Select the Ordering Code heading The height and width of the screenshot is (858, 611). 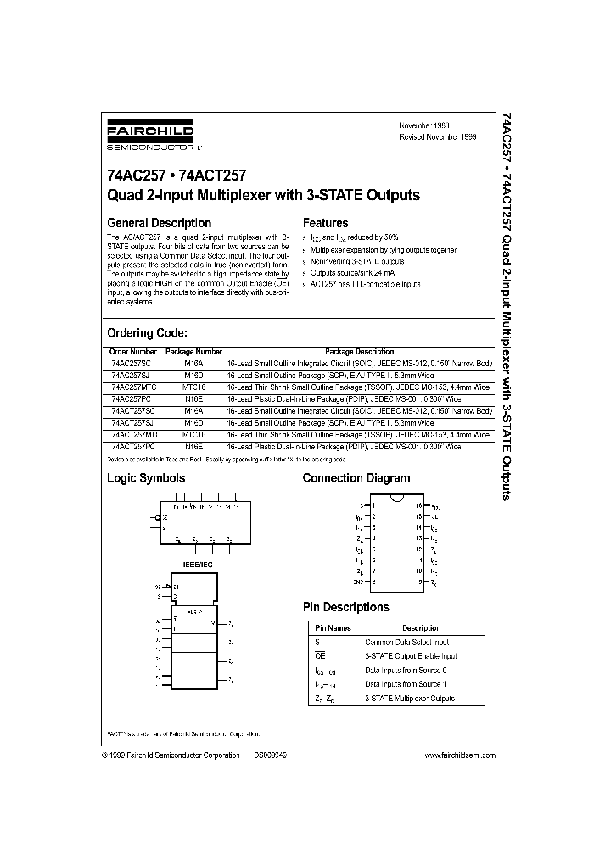(147, 333)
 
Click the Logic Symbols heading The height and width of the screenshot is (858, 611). (146, 478)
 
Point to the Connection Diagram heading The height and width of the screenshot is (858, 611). (356, 478)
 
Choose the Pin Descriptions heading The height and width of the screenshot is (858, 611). (345, 607)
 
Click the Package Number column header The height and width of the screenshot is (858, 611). (193, 351)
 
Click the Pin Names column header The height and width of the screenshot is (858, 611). (333, 628)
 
